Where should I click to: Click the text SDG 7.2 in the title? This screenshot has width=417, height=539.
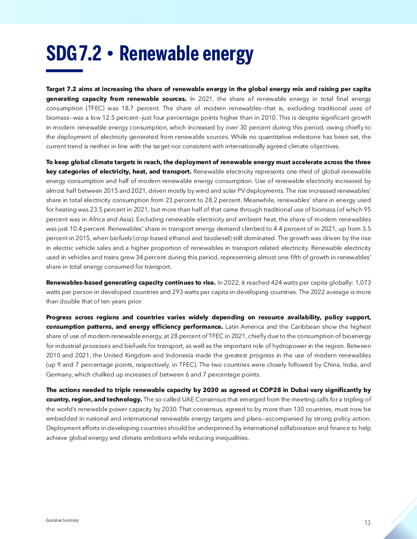(x=74, y=53)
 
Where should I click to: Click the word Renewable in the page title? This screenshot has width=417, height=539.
(x=158, y=53)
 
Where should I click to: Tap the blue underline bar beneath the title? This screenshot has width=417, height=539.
(x=64, y=71)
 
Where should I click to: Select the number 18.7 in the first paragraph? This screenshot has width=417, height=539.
(x=128, y=108)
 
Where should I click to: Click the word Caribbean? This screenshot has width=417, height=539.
(x=305, y=327)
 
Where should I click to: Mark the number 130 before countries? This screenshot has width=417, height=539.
(x=299, y=409)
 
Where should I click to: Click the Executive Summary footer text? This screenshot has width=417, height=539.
(x=62, y=520)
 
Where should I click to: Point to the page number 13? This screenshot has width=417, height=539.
(x=367, y=523)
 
